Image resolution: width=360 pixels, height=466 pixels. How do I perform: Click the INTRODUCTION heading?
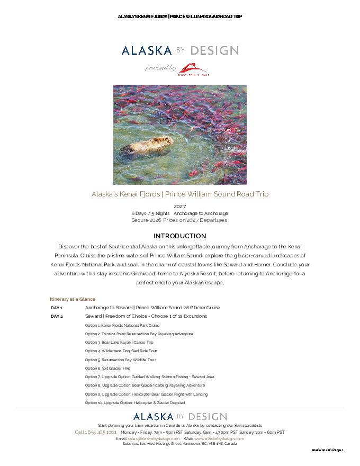point(179,236)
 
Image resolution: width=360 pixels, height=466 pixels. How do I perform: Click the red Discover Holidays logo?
point(193,70)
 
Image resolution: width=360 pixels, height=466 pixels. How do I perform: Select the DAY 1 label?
point(57,308)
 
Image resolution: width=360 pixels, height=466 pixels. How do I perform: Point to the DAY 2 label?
point(57,316)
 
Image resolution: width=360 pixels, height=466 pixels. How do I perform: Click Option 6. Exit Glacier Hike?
point(107,368)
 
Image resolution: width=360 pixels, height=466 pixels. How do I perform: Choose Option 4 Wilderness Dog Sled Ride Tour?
point(121,351)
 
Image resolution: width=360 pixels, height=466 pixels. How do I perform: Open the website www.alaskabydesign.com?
point(219,438)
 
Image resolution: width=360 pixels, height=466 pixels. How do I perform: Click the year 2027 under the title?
point(180,206)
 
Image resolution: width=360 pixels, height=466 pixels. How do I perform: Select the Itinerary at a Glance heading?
point(73,299)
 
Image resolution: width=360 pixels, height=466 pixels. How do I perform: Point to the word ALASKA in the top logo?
point(147,51)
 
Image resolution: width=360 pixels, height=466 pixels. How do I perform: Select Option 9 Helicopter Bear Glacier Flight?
point(146,394)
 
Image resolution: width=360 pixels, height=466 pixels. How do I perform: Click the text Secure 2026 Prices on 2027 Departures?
point(179,220)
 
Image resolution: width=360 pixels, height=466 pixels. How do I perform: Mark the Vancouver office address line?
point(179,444)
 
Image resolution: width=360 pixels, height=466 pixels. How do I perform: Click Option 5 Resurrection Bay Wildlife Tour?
point(120,360)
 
